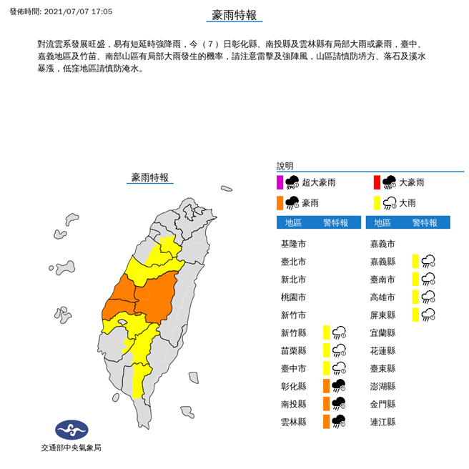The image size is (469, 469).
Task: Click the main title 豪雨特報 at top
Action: pyautogui.click(x=234, y=15)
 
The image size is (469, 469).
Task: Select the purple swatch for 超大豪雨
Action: pyautogui.click(x=280, y=182)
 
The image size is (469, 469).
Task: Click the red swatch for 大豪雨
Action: pyautogui.click(x=377, y=182)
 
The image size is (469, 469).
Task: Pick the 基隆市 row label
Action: pyautogui.click(x=294, y=244)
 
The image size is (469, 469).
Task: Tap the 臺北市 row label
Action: pyautogui.click(x=294, y=262)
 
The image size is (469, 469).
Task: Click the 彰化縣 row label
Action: pyautogui.click(x=294, y=386)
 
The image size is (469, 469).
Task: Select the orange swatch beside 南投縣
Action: pyautogui.click(x=326, y=404)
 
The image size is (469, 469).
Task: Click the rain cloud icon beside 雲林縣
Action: pyautogui.click(x=339, y=422)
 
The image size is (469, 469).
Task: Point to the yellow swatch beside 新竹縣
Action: pyautogui.click(x=326, y=332)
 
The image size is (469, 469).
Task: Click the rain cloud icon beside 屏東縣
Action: pyautogui.click(x=428, y=315)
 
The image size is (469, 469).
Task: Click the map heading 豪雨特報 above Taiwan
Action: pyautogui.click(x=150, y=177)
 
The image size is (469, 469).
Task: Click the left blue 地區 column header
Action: pyautogui.click(x=293, y=222)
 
